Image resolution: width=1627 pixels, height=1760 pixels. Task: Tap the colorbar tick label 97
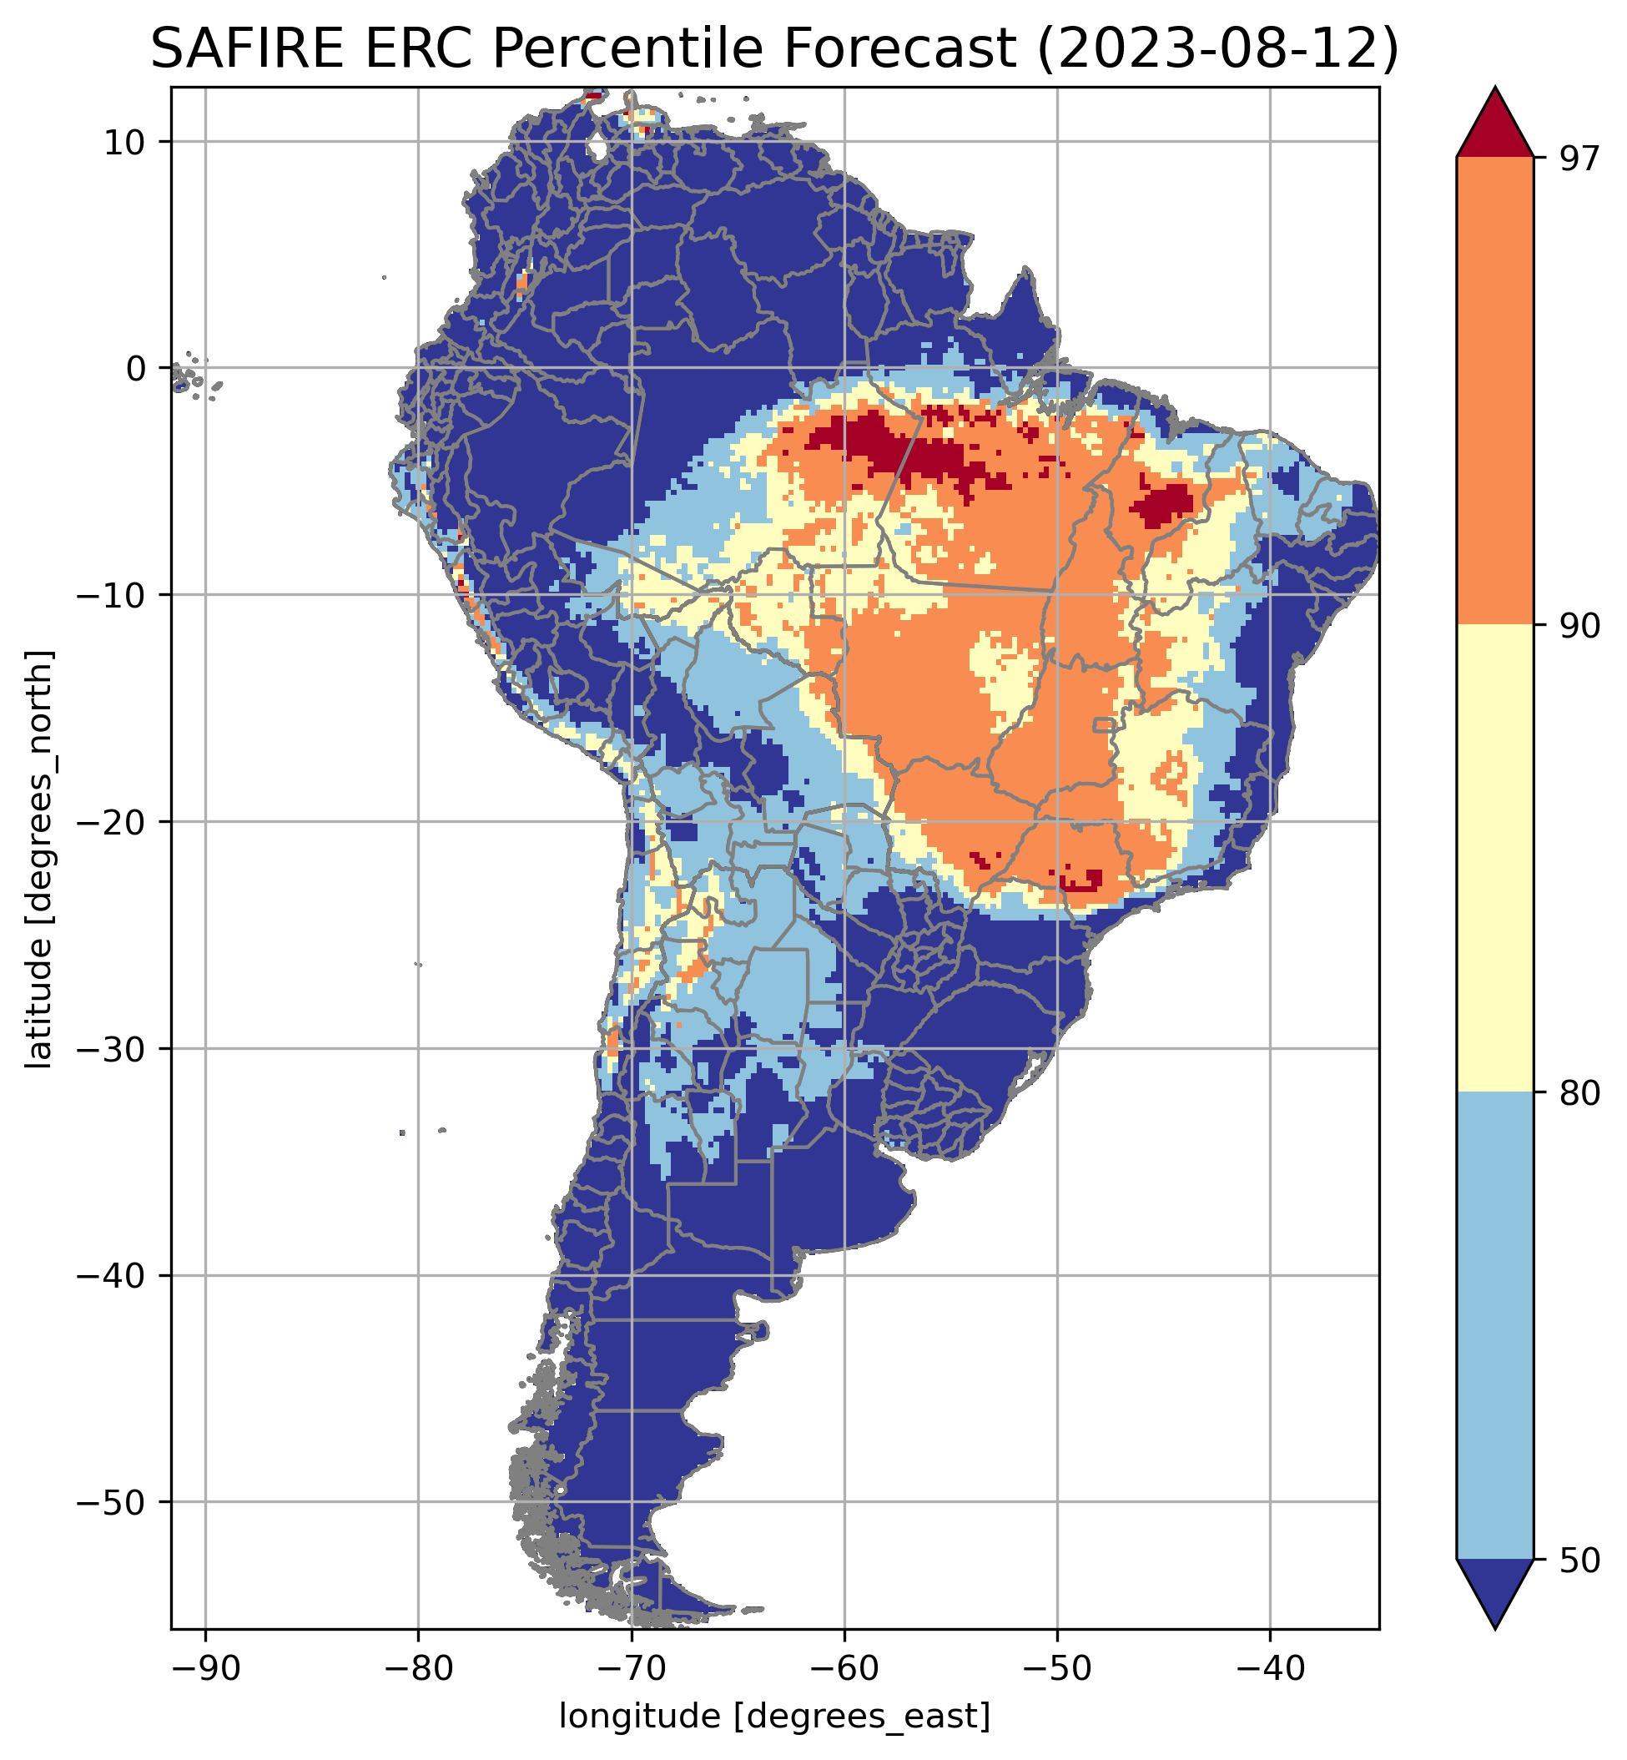pos(1578,159)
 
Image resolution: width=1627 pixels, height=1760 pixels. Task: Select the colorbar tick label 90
pos(1578,626)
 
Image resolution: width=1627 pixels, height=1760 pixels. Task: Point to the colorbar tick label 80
pos(1578,1092)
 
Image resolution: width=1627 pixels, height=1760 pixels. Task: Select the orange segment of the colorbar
pos(1495,391)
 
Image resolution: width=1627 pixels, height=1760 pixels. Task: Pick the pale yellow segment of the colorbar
pos(1495,859)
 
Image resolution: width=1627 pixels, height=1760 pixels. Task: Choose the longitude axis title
pos(775,1715)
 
